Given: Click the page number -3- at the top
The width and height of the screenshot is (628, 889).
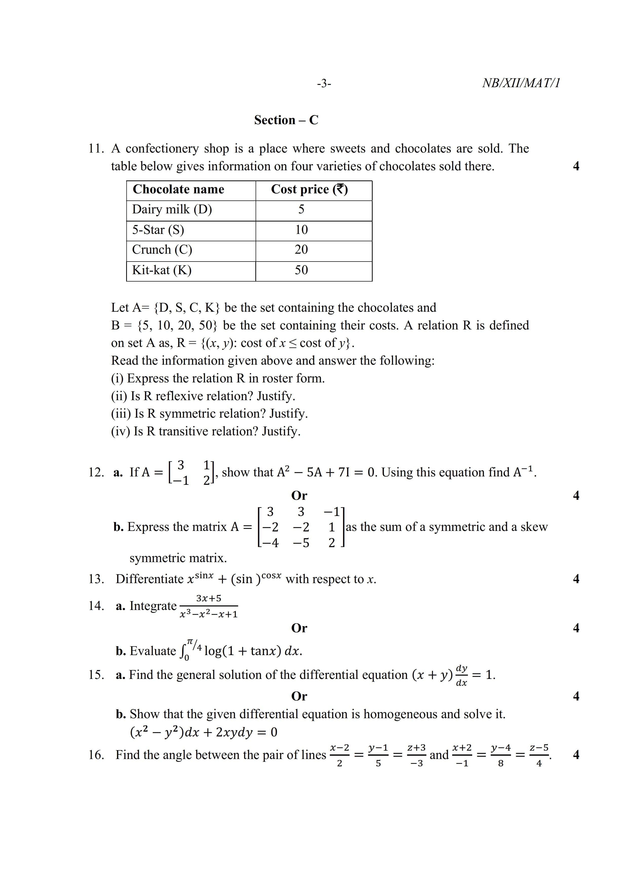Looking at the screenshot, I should tap(324, 83).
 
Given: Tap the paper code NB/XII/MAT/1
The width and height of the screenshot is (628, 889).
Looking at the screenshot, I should tap(521, 83).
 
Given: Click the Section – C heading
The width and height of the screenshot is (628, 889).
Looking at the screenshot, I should tap(286, 120).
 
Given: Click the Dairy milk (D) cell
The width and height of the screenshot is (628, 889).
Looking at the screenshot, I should tap(172, 210).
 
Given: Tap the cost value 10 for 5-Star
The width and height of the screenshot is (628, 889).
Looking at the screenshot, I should tap(301, 230).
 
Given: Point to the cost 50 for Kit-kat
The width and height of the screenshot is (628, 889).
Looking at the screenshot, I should tap(301, 270).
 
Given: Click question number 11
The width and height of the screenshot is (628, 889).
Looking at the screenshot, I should tap(96, 149).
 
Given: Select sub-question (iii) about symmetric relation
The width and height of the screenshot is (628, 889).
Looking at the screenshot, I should tap(209, 414).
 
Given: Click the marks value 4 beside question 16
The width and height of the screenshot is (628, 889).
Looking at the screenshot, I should tap(576, 755).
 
